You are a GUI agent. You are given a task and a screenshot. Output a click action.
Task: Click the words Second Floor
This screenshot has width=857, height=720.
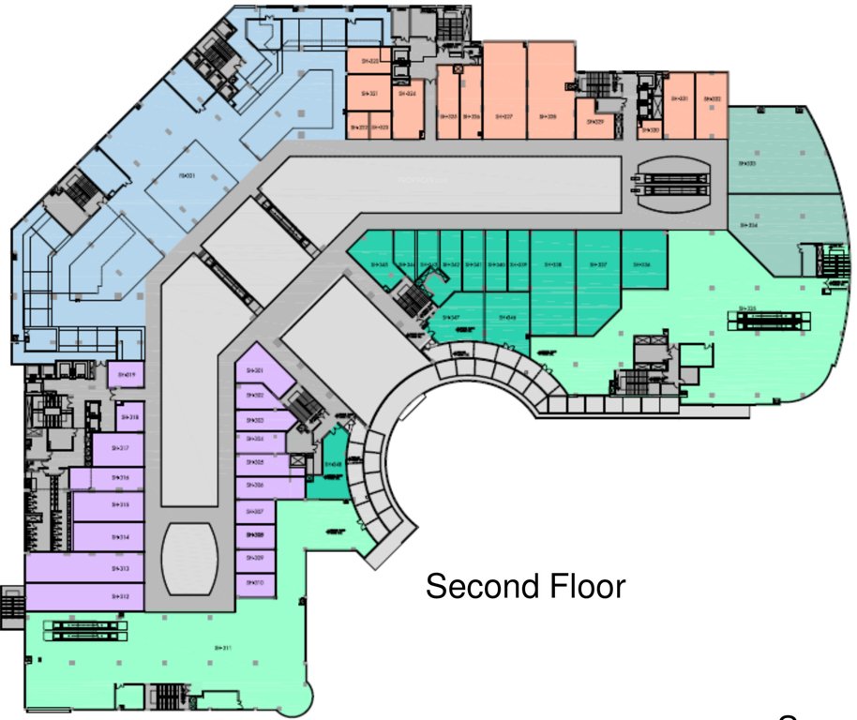pyautogui.click(x=525, y=587)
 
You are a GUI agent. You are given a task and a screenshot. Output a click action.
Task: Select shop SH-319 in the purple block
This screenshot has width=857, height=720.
pyautogui.click(x=125, y=375)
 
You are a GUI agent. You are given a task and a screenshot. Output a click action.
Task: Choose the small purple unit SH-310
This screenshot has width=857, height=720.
pyautogui.click(x=255, y=583)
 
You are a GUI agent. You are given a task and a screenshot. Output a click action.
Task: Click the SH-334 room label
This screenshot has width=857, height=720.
pyautogui.click(x=747, y=225)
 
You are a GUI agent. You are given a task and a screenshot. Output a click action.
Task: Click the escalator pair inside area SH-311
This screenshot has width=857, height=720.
pyautogui.click(x=85, y=630)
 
